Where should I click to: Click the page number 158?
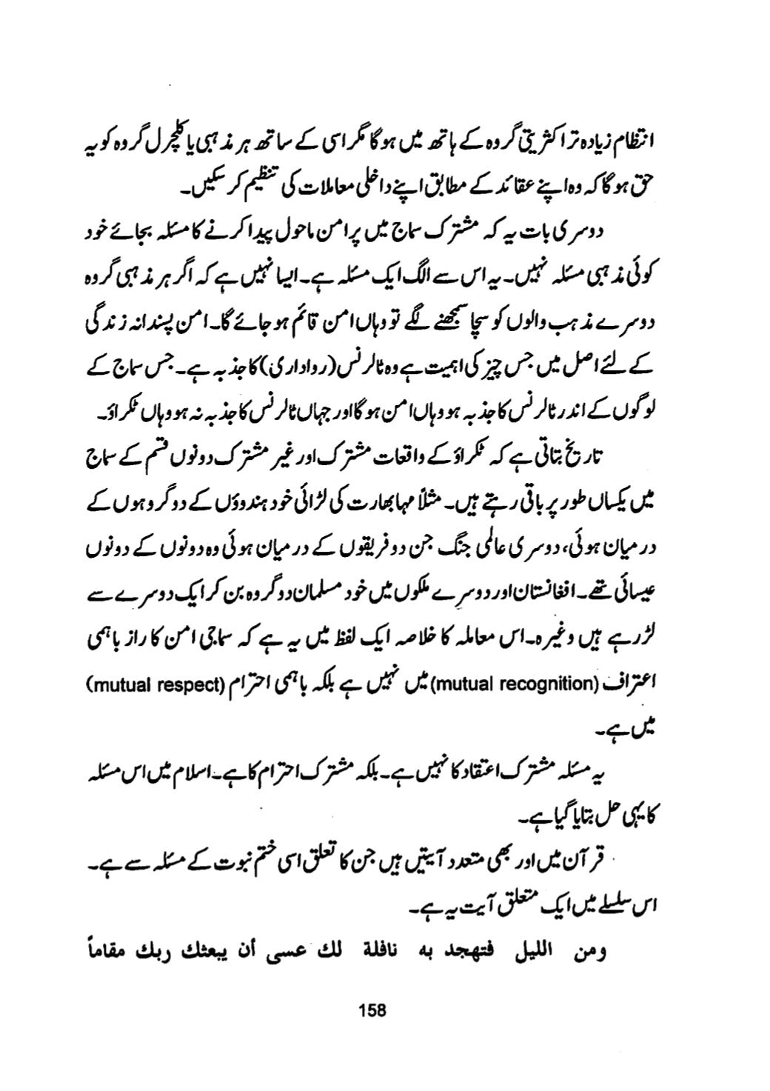[367, 1010]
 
